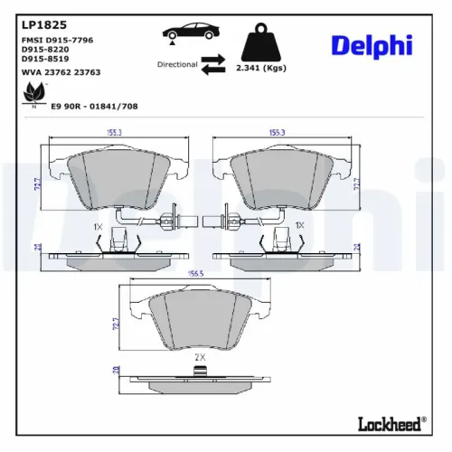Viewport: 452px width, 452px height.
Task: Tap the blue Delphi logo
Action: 371,45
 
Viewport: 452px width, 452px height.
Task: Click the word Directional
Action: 177,65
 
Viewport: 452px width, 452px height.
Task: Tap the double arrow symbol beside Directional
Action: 213,64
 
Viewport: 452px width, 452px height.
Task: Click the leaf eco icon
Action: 35,92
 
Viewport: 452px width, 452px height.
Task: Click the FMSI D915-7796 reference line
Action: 57,41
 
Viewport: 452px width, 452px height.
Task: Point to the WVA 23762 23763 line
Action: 60,72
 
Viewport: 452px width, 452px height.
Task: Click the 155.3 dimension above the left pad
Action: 114,133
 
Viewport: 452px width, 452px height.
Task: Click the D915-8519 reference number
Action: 44,60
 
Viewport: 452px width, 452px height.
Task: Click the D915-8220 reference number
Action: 44,51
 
